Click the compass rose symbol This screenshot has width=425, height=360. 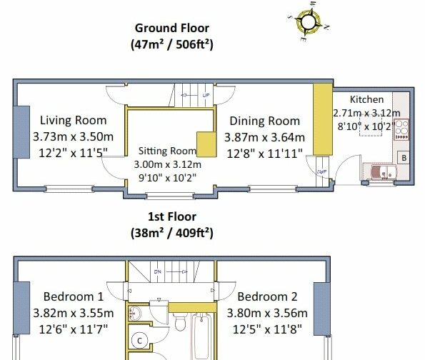pyautogui.click(x=308, y=21)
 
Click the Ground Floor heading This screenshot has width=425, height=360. pyautogui.click(x=172, y=28)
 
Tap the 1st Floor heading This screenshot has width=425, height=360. pyautogui.click(x=172, y=216)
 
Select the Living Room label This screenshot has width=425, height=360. pyautogui.click(x=73, y=121)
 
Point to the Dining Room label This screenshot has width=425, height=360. pyautogui.click(x=265, y=121)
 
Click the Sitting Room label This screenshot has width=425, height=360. pyautogui.click(x=167, y=151)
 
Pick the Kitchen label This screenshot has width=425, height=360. pyautogui.click(x=366, y=99)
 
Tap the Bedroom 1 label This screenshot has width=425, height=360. pyautogui.click(x=74, y=296)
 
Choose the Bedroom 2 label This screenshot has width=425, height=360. pyautogui.click(x=267, y=296)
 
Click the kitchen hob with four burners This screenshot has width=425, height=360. pyautogui.click(x=401, y=129)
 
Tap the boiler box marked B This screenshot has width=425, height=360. pyautogui.click(x=404, y=157)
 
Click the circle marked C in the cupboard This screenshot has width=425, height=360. pyautogui.click(x=139, y=341)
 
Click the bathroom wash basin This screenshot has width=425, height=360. pyautogui.click(x=134, y=314)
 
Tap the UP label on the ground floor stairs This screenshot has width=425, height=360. pyautogui.click(x=206, y=96)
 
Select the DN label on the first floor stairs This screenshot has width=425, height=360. pyautogui.click(x=157, y=271)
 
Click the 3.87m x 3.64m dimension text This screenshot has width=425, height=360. pyautogui.click(x=264, y=137)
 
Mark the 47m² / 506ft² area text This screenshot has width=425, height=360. pyautogui.click(x=172, y=44)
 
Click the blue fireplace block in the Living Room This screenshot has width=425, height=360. pyautogui.click(x=21, y=132)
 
